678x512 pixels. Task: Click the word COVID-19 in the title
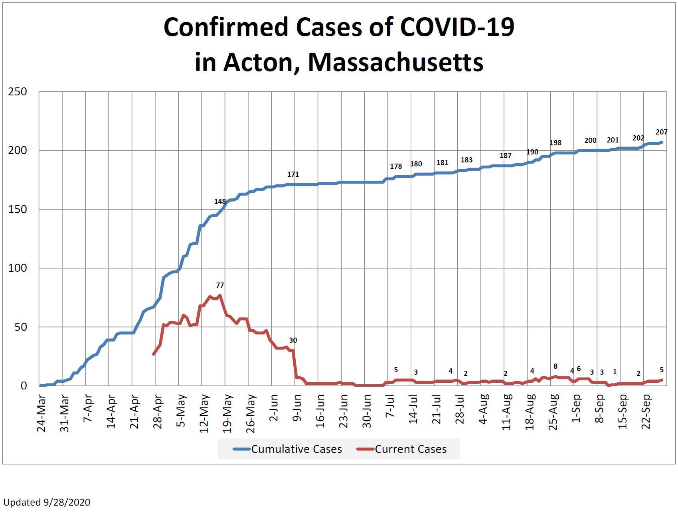coord(457,27)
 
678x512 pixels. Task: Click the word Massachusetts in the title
coord(395,62)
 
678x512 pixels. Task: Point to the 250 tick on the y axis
coord(18,92)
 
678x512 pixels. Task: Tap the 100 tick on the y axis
coord(18,268)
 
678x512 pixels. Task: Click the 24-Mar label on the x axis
coord(42,413)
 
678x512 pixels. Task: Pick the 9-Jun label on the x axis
coord(297,411)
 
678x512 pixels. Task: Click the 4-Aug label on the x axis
coord(484,411)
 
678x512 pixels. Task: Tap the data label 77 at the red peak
coord(220,285)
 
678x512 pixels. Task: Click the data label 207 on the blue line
coord(661,132)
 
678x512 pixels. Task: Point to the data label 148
coord(220,202)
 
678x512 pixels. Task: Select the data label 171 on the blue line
coord(293,174)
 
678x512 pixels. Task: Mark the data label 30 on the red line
coord(293,340)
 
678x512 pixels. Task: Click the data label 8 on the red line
coord(555,366)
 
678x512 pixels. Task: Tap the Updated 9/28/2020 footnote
coord(47,502)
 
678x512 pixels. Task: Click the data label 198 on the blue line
coord(555,143)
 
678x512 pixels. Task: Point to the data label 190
coord(532,152)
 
